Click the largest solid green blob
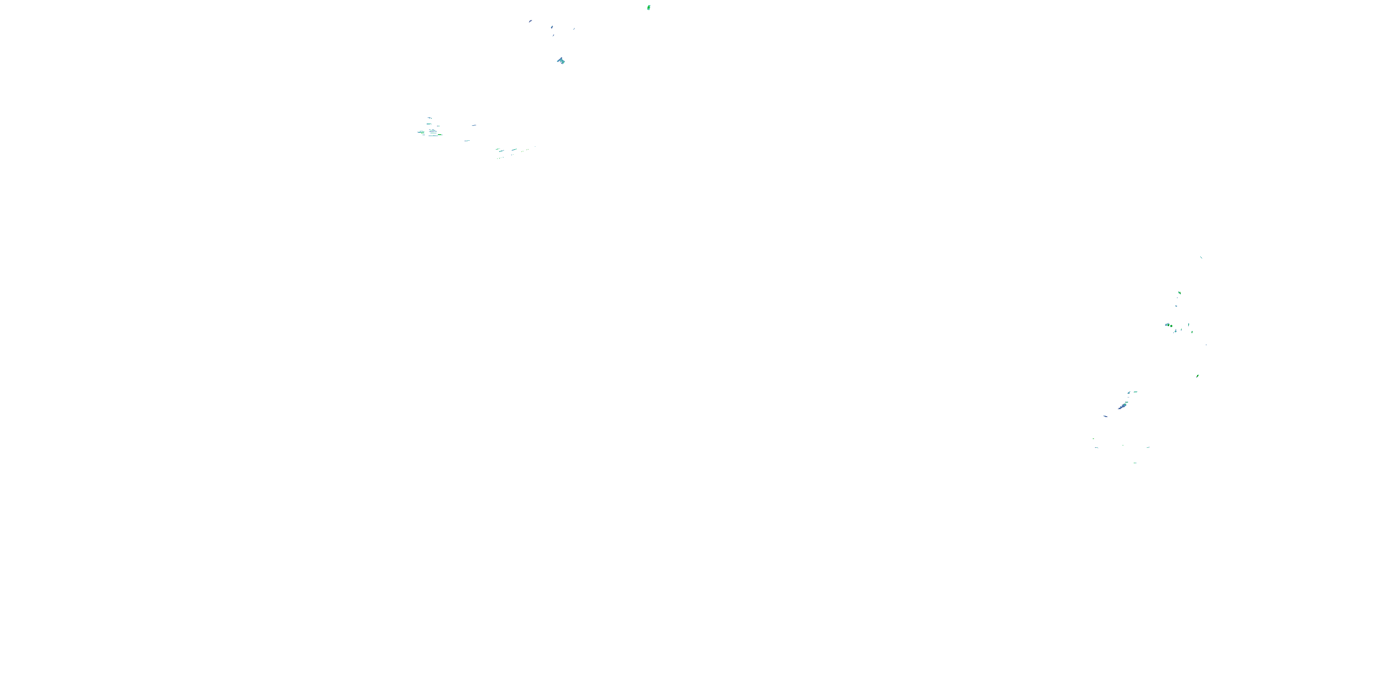649,7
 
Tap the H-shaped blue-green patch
561,61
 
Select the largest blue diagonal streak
1122,406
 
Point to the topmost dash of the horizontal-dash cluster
429,118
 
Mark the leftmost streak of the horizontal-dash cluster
420,132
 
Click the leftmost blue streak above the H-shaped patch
530,21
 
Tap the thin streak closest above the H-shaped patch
554,35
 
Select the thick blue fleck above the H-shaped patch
552,27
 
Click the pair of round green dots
1168,325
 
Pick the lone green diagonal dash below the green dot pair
1198,376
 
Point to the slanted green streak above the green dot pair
1179,293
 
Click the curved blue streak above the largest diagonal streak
1129,392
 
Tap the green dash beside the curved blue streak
1136,391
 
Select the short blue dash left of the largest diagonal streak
1105,416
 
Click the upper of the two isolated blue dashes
474,125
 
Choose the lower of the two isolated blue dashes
466,141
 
